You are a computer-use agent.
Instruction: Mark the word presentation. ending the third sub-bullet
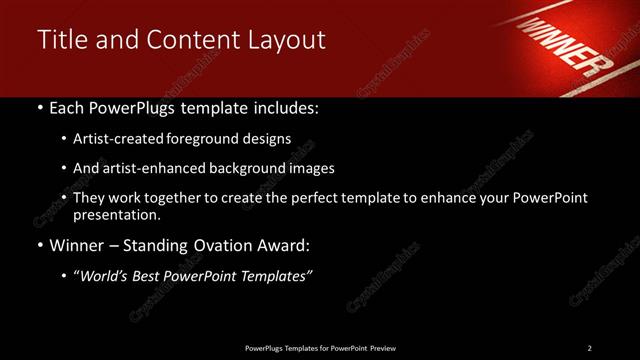(x=116, y=214)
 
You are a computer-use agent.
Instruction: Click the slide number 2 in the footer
(x=589, y=348)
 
